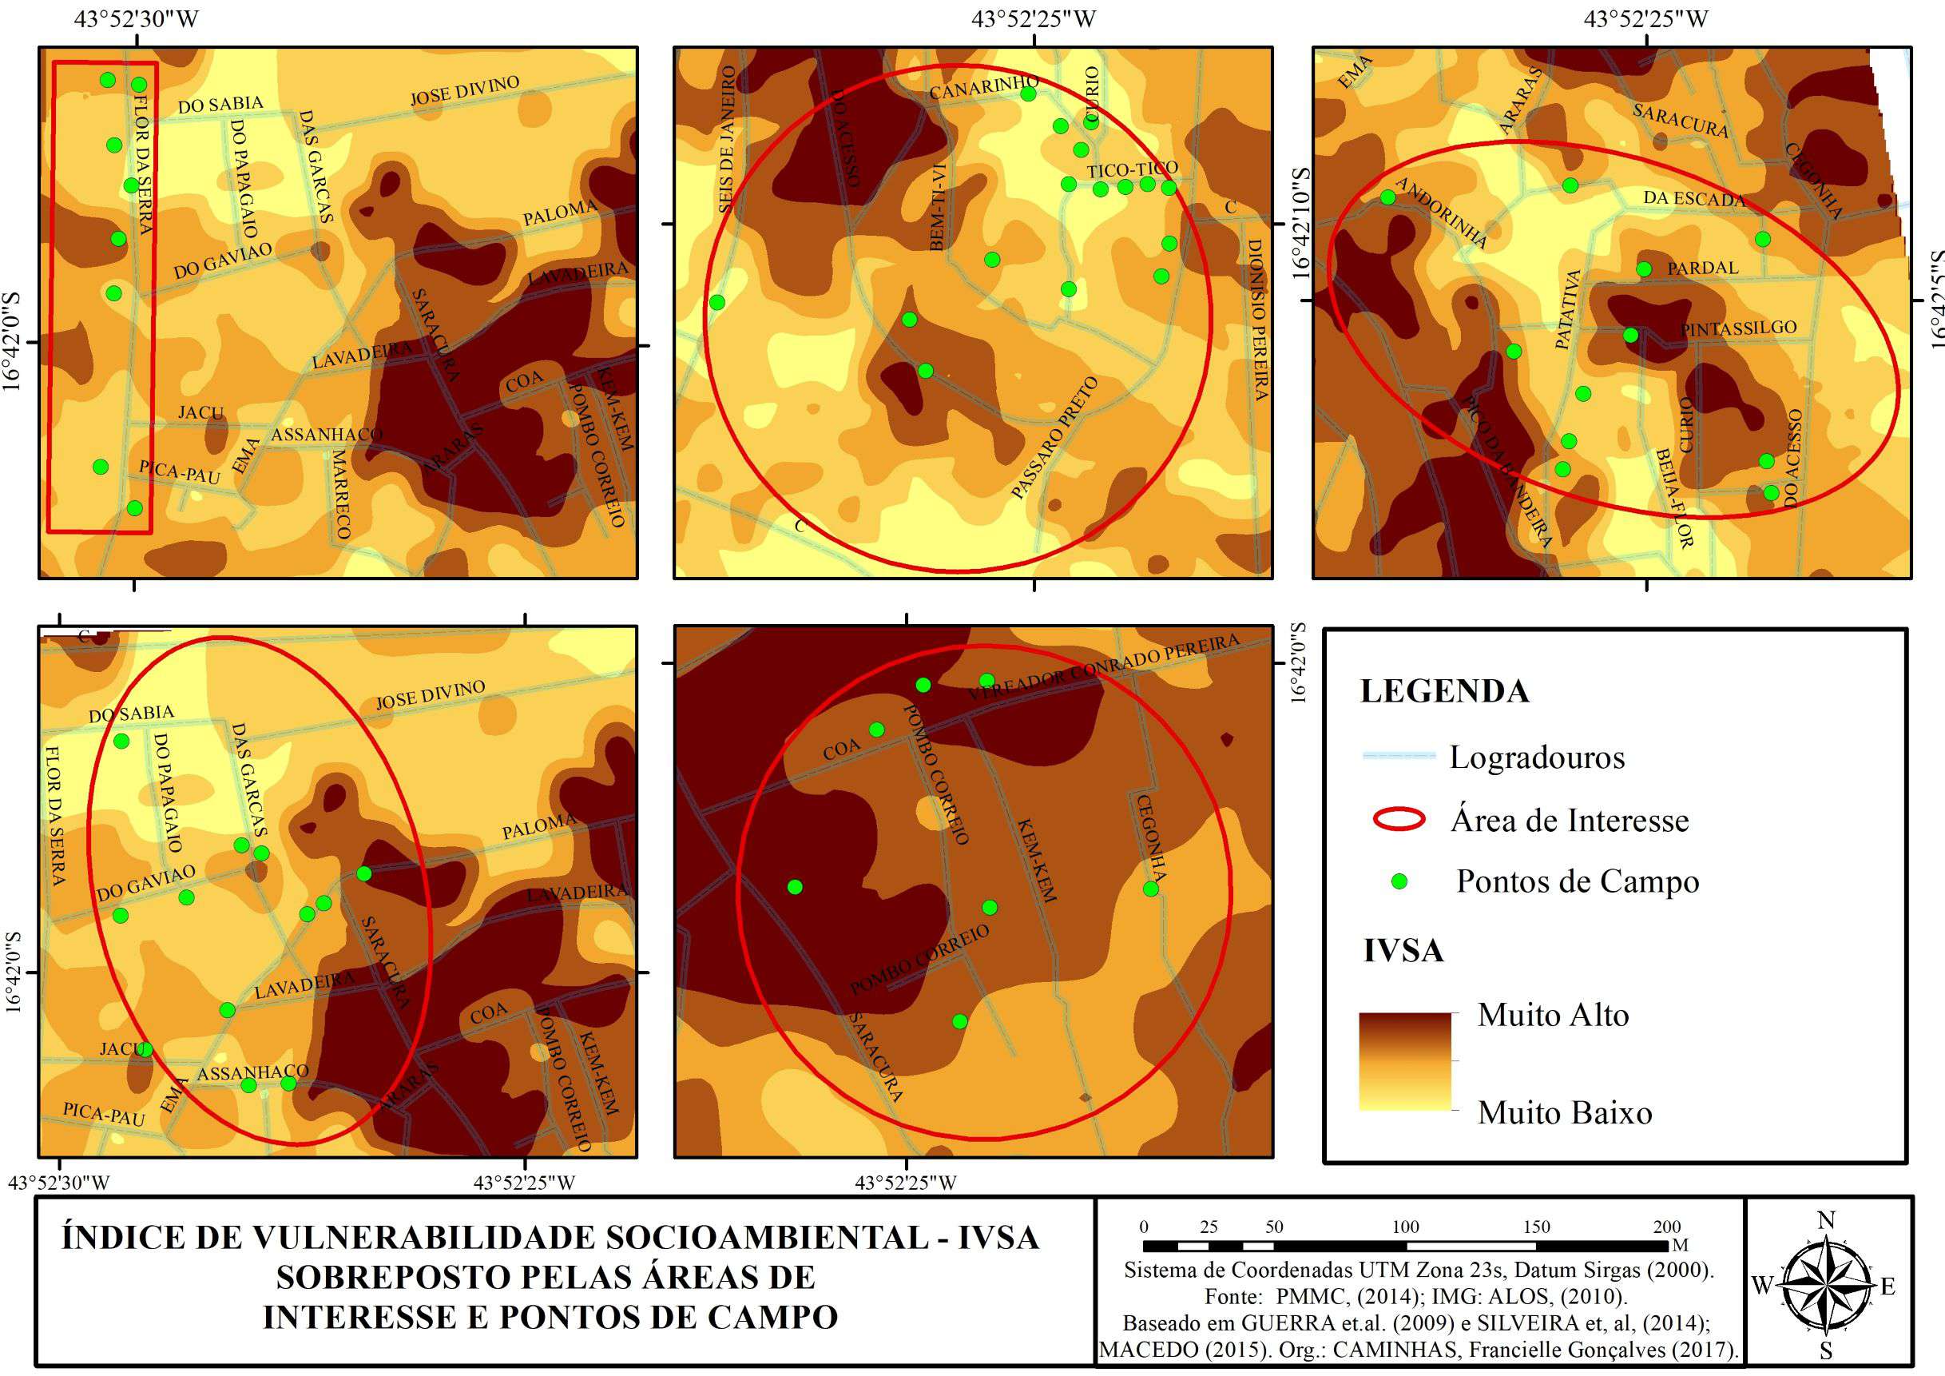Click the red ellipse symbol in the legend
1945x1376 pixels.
click(1399, 819)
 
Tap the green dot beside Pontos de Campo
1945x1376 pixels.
click(1399, 882)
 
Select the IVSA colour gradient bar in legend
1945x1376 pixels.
click(1404, 1061)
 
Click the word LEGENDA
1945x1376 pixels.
click(1444, 691)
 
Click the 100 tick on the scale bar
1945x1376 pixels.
click(1405, 1227)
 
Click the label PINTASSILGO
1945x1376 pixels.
click(1738, 328)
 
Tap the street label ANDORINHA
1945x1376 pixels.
click(1441, 213)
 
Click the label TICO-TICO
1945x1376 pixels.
click(1133, 169)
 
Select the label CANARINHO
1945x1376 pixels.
click(982, 87)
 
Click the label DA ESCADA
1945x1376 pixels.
click(1694, 199)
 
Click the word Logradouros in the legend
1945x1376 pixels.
click(1537, 758)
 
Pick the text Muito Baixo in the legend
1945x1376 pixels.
click(1565, 1112)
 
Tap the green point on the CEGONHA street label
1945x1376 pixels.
click(1150, 889)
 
